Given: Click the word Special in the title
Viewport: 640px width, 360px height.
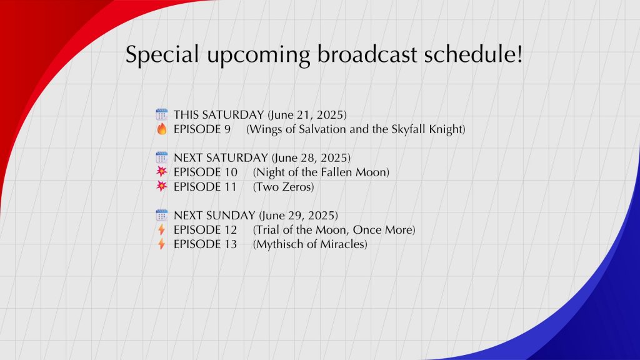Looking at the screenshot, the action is [162, 54].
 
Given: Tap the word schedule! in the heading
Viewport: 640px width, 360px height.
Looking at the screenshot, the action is [473, 54].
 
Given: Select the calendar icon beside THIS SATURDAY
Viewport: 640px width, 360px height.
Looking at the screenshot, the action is [162, 115].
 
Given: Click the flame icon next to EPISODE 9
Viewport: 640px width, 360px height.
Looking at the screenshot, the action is [162, 129].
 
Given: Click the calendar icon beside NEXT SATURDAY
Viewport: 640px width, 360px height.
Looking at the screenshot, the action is [162, 157].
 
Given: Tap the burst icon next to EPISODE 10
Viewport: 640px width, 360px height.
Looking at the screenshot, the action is [162, 172].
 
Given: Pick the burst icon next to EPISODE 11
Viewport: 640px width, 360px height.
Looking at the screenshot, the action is [162, 186].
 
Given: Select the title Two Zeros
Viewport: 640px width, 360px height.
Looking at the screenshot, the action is [284, 187].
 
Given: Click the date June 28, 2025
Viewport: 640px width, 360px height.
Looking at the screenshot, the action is [311, 158].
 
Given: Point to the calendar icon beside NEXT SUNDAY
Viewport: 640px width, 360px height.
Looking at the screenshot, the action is [162, 215].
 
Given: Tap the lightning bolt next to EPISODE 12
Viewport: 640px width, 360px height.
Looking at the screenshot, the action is [162, 230].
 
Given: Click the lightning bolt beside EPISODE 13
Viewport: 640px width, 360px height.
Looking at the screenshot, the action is [162, 244].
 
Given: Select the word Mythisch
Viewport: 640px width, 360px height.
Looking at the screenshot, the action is [277, 244].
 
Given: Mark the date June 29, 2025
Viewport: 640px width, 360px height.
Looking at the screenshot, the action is [298, 216].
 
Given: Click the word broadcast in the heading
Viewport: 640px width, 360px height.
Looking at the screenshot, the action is [367, 54].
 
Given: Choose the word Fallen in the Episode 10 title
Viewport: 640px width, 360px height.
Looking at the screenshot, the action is [334, 172].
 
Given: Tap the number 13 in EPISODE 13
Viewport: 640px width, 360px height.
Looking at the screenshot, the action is [230, 244].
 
